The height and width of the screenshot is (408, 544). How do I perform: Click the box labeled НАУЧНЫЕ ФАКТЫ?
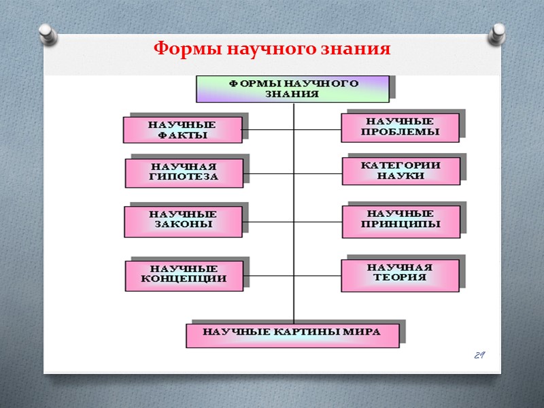[182, 130]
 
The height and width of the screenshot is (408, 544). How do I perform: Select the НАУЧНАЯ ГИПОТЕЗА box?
[184, 173]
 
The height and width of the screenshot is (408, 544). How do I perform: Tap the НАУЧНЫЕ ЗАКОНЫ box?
[183, 222]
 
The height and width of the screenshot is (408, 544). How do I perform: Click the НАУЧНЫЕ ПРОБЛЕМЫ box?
[400, 127]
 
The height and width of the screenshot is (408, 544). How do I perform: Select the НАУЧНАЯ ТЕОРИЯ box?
[401, 273]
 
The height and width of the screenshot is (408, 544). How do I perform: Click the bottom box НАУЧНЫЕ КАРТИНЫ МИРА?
[292, 335]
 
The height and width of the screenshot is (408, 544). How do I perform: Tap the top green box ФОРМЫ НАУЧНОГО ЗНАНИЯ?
[292, 89]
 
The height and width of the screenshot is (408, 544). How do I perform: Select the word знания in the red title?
[359, 50]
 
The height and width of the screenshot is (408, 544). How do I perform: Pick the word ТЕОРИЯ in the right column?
[400, 277]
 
